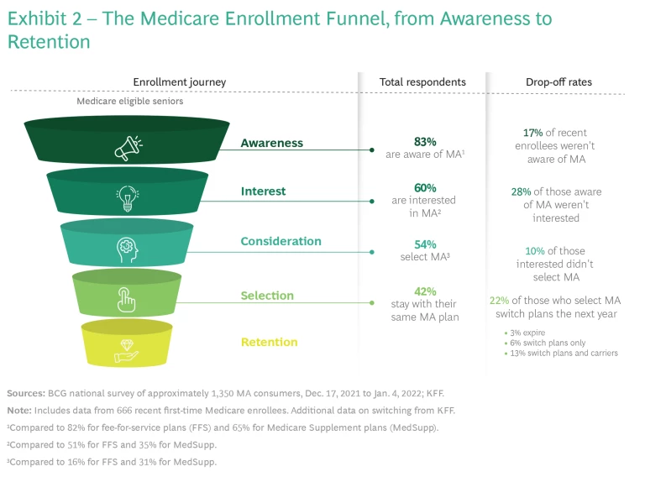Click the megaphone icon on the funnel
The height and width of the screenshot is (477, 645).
click(127, 149)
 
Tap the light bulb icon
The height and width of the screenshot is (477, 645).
click(127, 197)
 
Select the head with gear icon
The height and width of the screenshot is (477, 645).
click(127, 249)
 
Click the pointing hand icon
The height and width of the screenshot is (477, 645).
click(127, 299)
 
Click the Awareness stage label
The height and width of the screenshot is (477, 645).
click(271, 143)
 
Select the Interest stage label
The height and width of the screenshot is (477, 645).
click(263, 191)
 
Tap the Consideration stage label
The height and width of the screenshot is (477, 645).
click(281, 242)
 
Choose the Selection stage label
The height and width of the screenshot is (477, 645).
click(267, 296)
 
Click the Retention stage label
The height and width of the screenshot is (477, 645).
click(269, 342)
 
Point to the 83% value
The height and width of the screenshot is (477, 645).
click(425, 142)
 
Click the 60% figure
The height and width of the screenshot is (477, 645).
click(425, 187)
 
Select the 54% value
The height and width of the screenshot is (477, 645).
click(425, 243)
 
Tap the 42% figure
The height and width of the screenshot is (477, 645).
click(425, 290)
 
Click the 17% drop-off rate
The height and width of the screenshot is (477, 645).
click(532, 133)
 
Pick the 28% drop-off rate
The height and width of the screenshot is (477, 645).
click(521, 191)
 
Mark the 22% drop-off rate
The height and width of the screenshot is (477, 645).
click(499, 301)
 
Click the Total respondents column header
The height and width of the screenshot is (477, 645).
click(422, 82)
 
